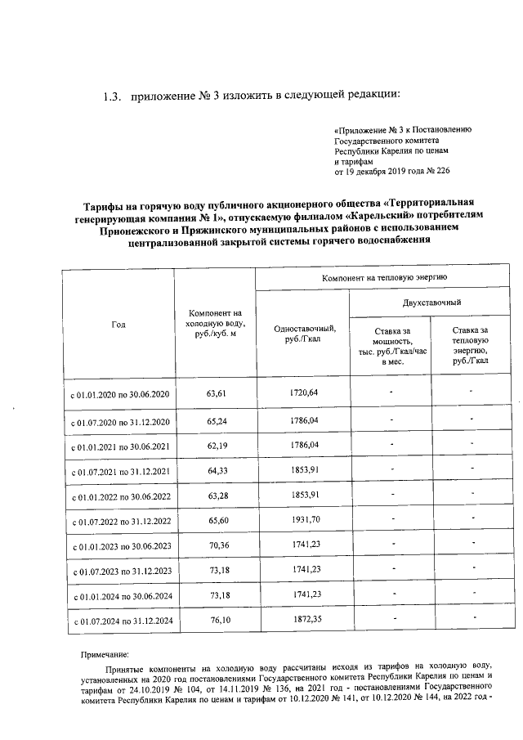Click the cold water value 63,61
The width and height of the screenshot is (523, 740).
click(x=216, y=393)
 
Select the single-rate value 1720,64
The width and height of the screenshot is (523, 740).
click(x=303, y=393)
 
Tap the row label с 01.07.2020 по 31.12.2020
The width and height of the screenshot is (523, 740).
click(x=119, y=422)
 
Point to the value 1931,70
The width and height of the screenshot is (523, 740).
click(x=303, y=520)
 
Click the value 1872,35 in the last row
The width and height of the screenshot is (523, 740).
click(x=303, y=621)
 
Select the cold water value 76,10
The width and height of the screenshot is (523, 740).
click(x=216, y=621)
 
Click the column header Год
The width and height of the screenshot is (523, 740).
click(x=118, y=325)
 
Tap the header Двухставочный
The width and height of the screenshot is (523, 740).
click(x=418, y=303)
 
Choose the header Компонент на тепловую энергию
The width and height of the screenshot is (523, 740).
click(x=373, y=279)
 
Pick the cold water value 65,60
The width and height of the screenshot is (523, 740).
click(x=216, y=520)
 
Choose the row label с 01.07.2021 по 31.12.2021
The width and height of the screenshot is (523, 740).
click(x=119, y=472)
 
